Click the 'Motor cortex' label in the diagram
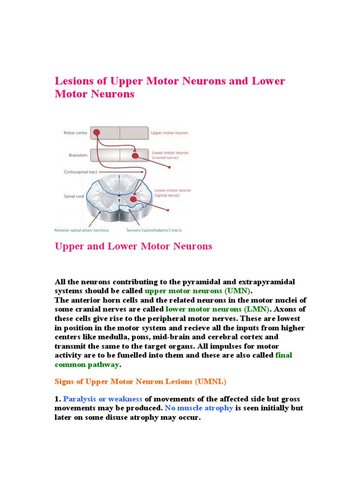tap(75, 133)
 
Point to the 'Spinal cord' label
tap(74, 196)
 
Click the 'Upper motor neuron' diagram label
tap(169, 133)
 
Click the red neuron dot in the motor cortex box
tap(96, 132)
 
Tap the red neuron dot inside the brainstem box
tap(135, 155)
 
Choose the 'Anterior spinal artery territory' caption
tap(81, 230)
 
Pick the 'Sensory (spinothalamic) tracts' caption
tap(154, 230)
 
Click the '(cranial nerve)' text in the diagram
tap(165, 158)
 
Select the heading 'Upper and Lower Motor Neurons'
tap(133, 246)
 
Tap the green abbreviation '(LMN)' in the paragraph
tap(256, 309)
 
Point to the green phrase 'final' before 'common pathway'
tap(283, 355)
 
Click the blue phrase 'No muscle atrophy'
tap(199, 408)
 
